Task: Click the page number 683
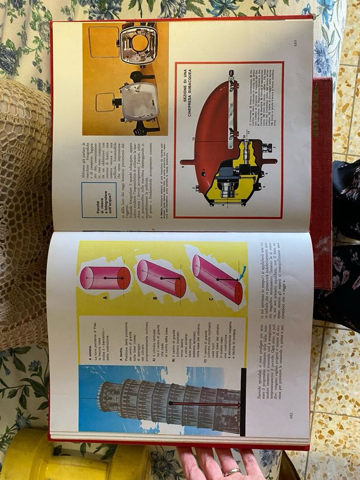295,43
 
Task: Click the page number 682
291,416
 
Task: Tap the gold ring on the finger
232,472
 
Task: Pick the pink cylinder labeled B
161,278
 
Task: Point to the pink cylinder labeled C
217,279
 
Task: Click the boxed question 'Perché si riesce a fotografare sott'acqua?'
99,200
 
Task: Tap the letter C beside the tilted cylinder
210,299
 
